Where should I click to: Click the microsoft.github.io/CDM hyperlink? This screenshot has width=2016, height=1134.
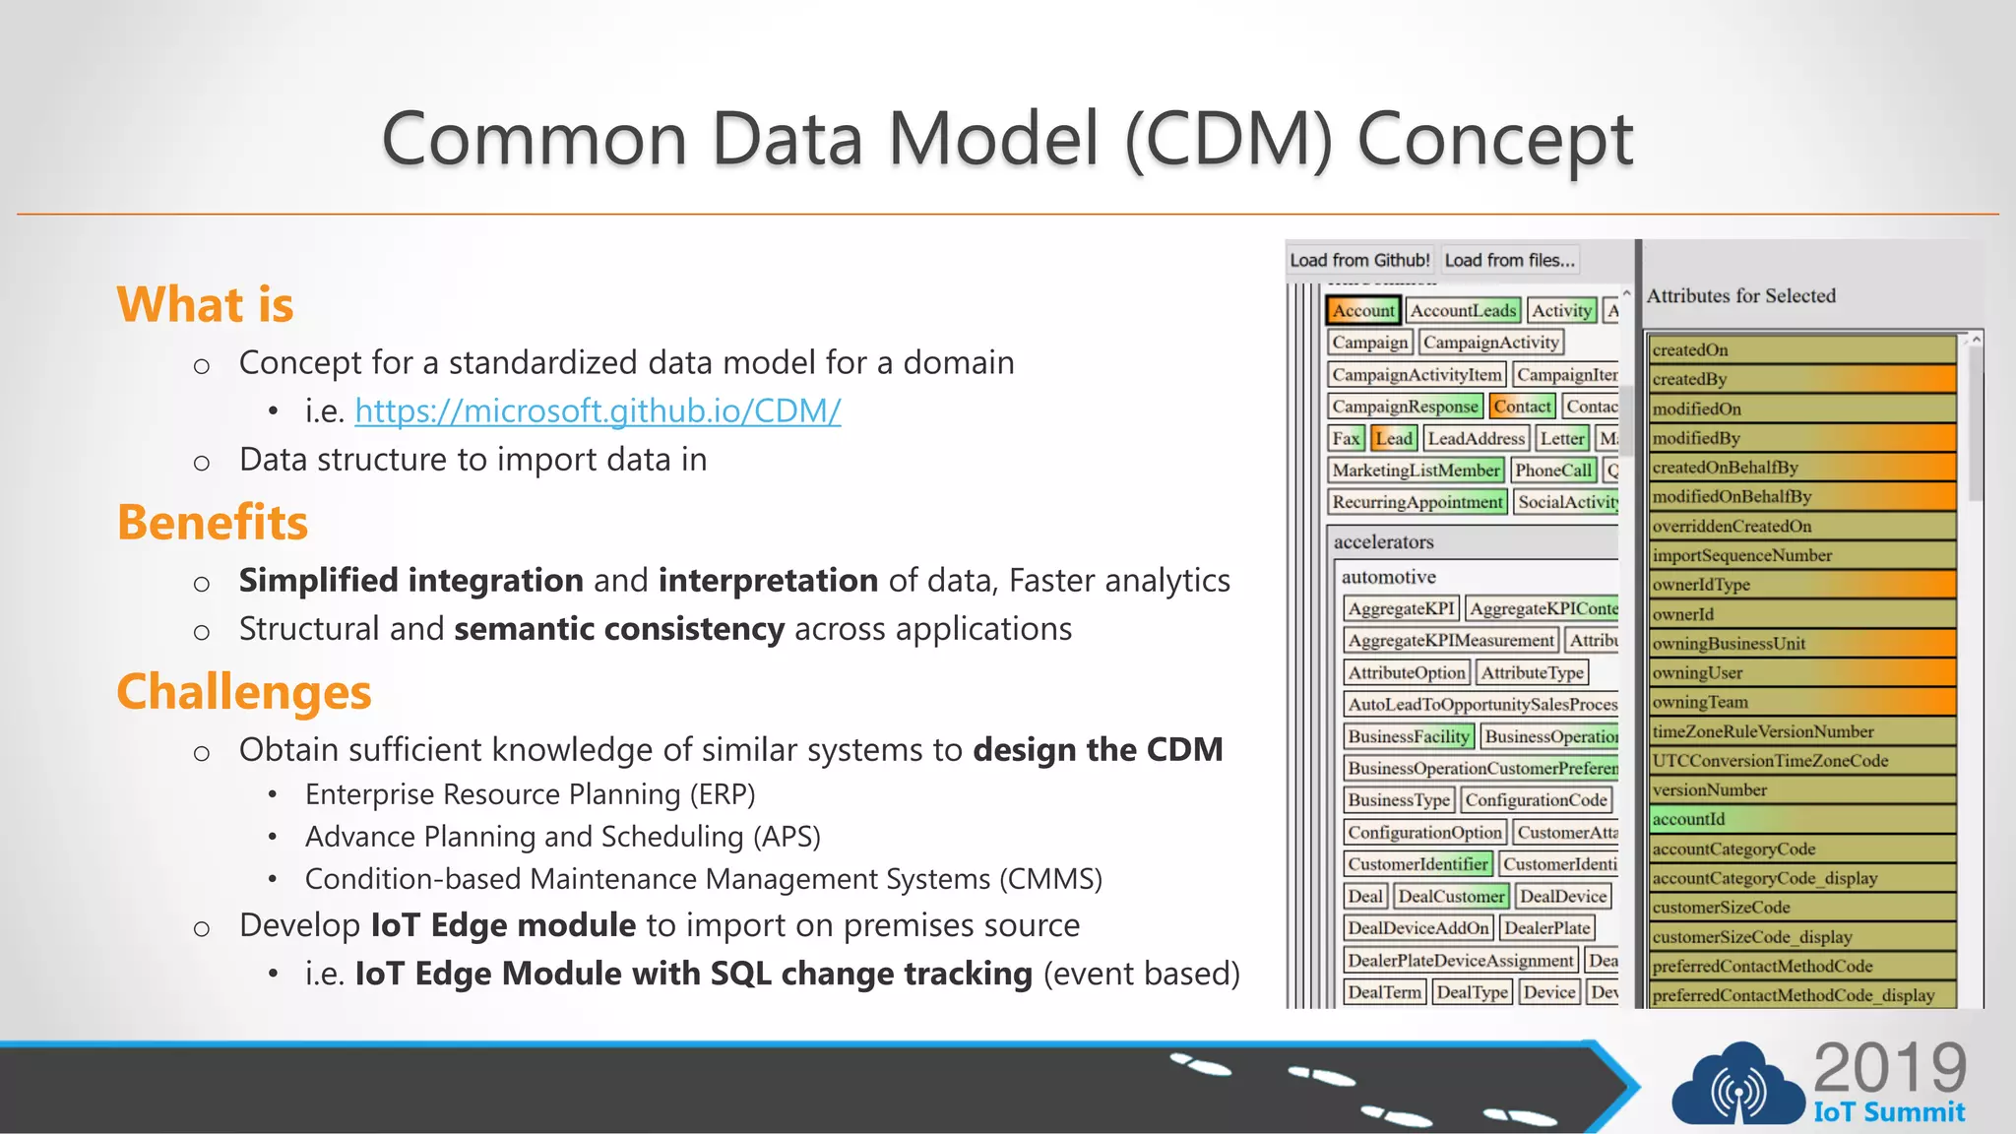pyautogui.click(x=598, y=410)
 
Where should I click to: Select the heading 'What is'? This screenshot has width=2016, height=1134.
pyautogui.click(x=205, y=304)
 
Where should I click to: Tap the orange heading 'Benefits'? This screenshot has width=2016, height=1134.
pyautogui.click(x=213, y=523)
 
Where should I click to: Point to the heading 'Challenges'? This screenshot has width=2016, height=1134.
pyautogui.click(x=244, y=692)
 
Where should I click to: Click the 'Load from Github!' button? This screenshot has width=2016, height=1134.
pyautogui.click(x=1359, y=260)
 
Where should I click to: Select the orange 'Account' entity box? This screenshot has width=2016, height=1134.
pyautogui.click(x=1363, y=310)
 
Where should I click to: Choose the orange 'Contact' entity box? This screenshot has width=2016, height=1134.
pyautogui.click(x=1522, y=406)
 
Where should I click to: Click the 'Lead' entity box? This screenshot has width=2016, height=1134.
pyautogui.click(x=1393, y=438)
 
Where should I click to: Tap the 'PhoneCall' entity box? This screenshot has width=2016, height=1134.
pyautogui.click(x=1552, y=471)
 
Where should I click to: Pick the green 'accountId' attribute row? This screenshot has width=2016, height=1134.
pyautogui.click(x=1801, y=819)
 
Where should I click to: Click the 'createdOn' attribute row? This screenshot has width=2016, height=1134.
pyautogui.click(x=1801, y=349)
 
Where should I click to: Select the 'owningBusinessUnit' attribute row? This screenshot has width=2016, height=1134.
pyautogui.click(x=1801, y=644)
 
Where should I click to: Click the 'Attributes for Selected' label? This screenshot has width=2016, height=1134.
pyautogui.click(x=1740, y=295)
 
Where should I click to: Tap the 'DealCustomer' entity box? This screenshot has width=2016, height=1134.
pyautogui.click(x=1451, y=896)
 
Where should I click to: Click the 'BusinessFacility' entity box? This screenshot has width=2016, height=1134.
pyautogui.click(x=1409, y=736)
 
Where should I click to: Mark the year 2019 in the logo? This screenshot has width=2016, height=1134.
pyautogui.click(x=1889, y=1067)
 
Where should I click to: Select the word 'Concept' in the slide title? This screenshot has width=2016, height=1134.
pyautogui.click(x=1495, y=139)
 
